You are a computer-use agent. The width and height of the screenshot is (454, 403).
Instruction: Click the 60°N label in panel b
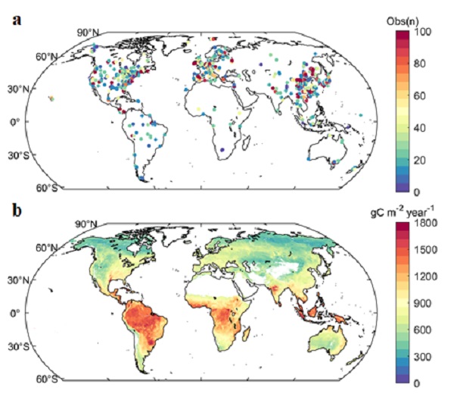[x=48, y=248]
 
